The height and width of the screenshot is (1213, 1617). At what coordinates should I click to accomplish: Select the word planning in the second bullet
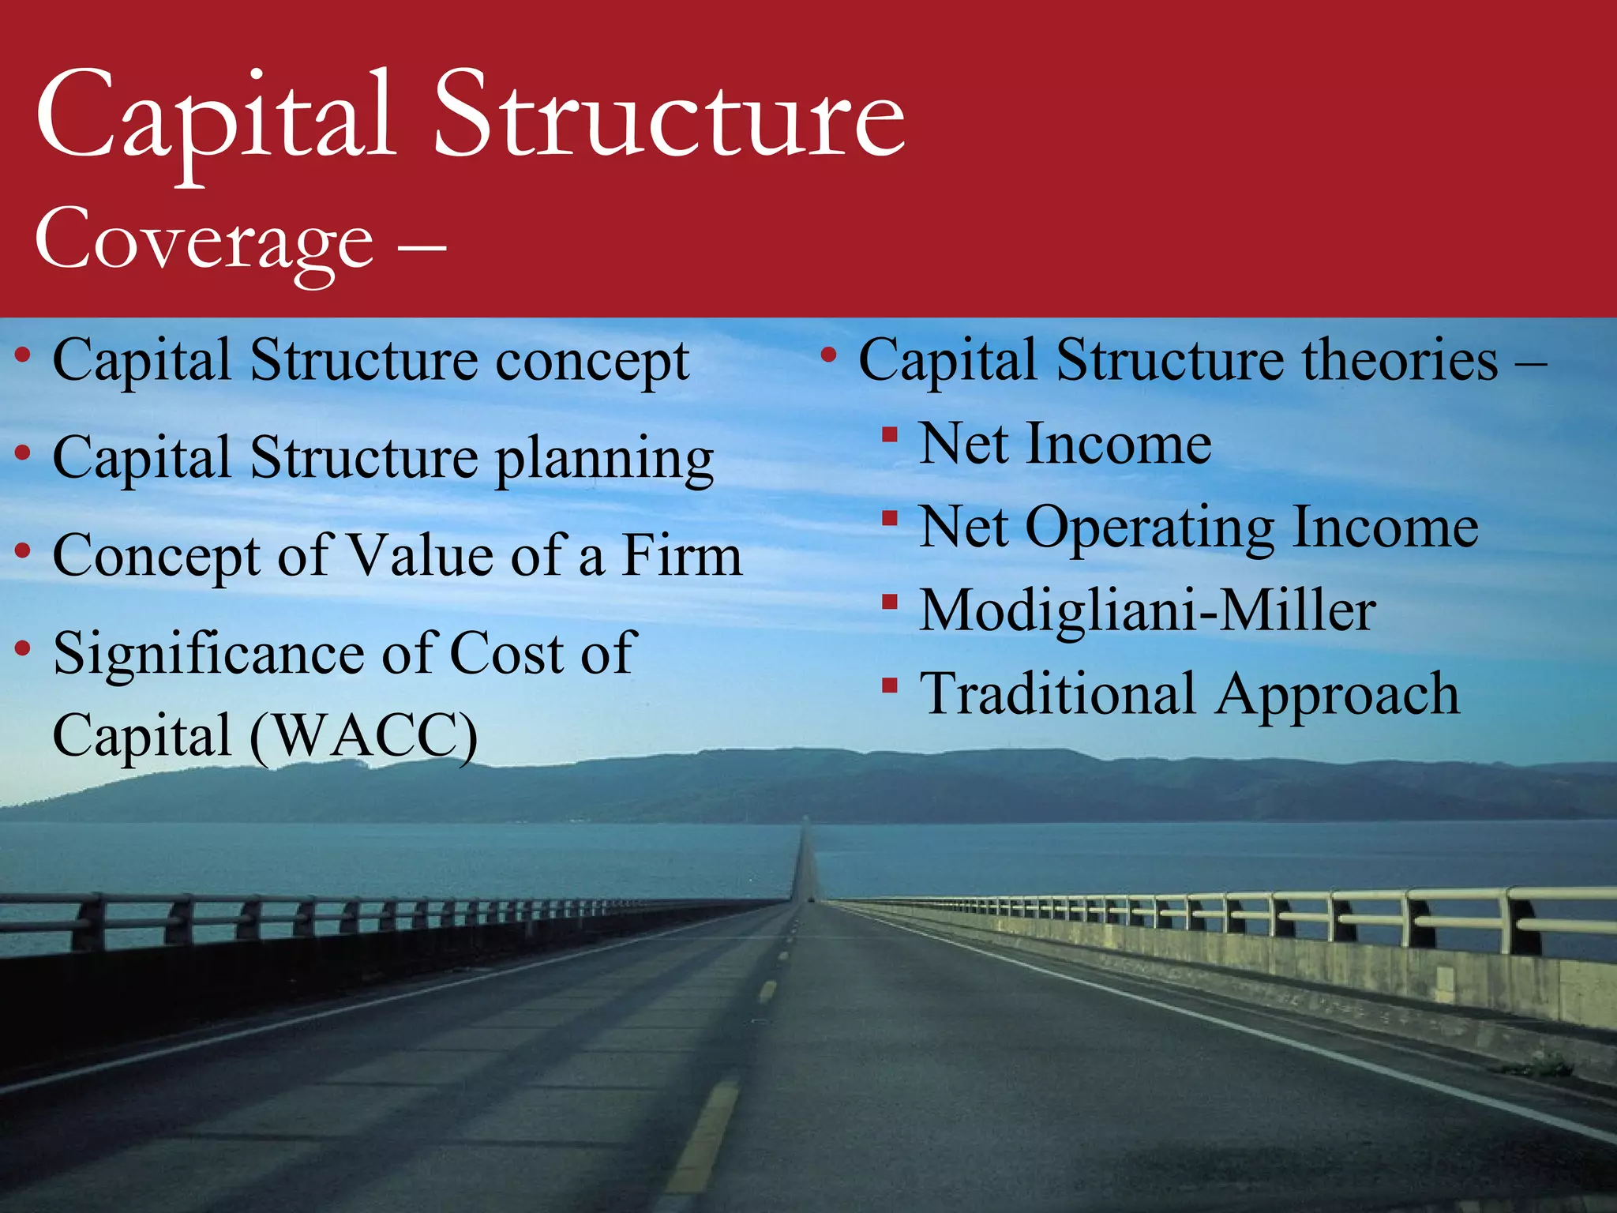(x=604, y=460)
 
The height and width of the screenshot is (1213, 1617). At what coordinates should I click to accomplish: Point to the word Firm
(x=682, y=555)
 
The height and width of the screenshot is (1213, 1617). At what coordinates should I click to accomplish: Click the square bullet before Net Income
(x=890, y=435)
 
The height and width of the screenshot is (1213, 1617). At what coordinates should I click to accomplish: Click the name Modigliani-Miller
(x=1148, y=611)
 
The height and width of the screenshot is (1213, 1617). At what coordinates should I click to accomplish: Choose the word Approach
(x=1337, y=696)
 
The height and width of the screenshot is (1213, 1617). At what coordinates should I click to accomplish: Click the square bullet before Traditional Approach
(x=890, y=685)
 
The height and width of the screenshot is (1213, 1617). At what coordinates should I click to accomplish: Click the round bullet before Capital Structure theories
(x=828, y=355)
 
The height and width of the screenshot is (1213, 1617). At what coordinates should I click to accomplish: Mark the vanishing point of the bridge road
(x=805, y=821)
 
